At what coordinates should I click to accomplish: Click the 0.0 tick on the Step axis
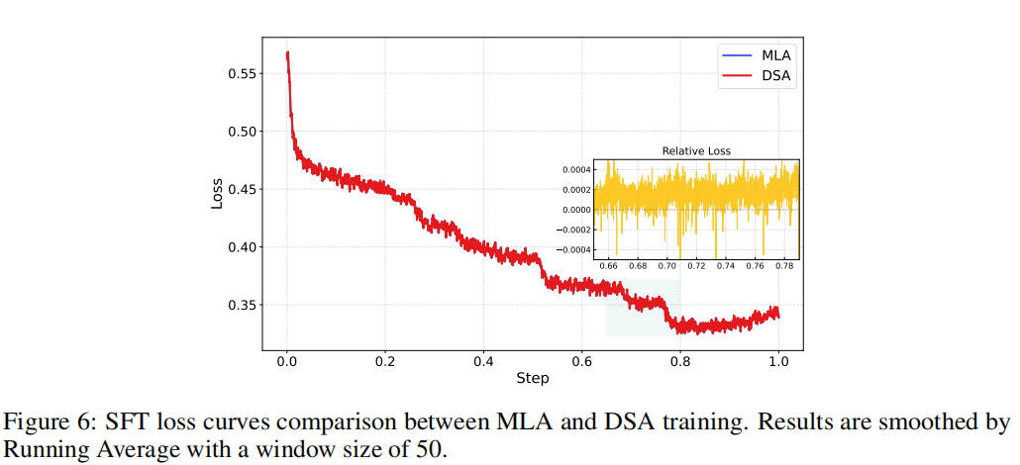point(286,361)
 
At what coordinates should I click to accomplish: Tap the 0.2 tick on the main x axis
point(385,361)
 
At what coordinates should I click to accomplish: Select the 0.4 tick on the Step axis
point(483,361)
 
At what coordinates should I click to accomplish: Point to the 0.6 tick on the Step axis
point(581,361)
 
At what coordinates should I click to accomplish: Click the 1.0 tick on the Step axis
point(778,361)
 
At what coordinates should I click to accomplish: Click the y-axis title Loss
point(217,192)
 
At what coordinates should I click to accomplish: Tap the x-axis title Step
point(532,378)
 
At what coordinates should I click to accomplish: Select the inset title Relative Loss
point(695,151)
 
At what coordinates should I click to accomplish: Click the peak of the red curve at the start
point(287,52)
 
